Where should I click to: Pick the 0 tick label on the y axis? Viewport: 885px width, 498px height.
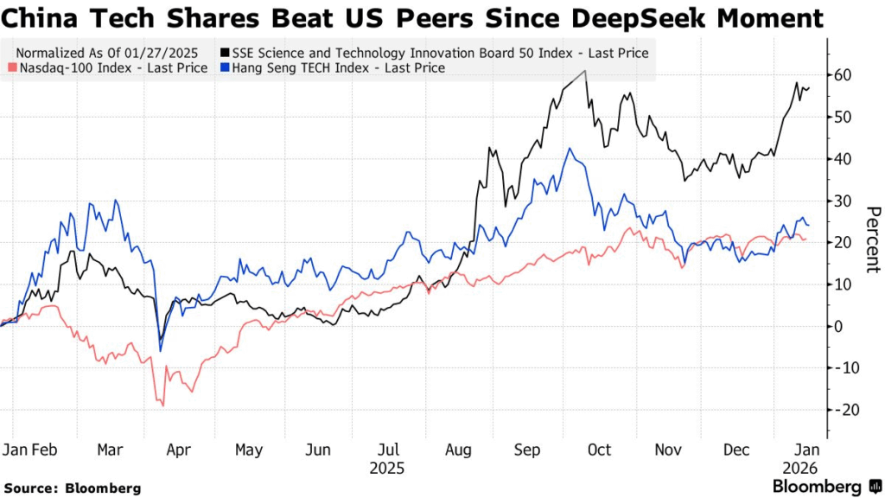tap(838, 326)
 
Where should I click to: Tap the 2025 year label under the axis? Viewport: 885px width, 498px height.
tap(386, 469)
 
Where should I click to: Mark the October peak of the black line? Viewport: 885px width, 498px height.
tap(585, 71)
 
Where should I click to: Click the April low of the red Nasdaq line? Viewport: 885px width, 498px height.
tap(162, 405)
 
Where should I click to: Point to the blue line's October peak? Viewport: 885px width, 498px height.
tap(570, 148)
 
